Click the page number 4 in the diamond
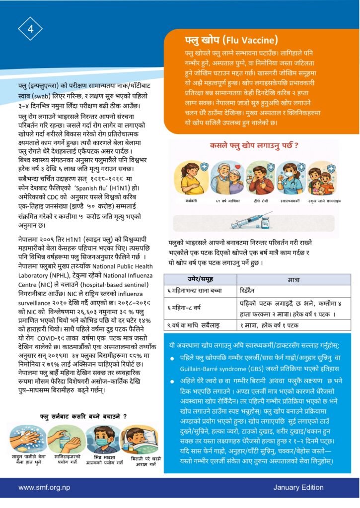30,28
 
